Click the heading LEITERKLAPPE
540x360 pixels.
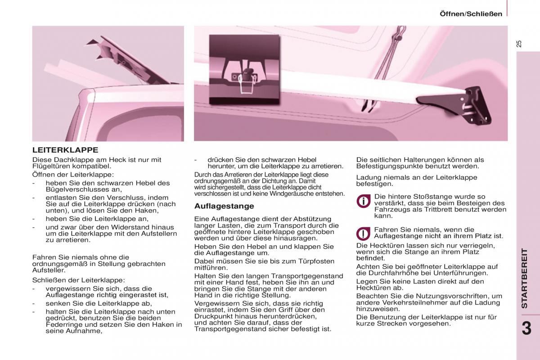coord(65,150)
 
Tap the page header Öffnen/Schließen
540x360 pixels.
coord(471,14)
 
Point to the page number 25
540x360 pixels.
coord(519,44)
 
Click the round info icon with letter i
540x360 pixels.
coord(363,201)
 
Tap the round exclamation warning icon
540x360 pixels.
coord(363,233)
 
